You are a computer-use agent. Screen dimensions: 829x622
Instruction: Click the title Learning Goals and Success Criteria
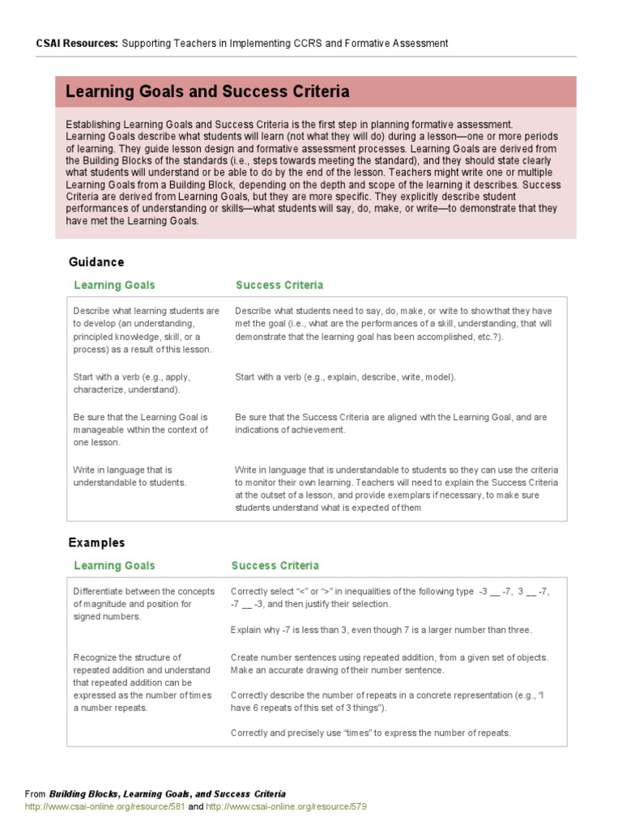(x=207, y=91)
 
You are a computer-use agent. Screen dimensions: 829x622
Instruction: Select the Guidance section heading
(x=96, y=262)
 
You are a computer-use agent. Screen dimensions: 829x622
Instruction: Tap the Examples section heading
(x=96, y=542)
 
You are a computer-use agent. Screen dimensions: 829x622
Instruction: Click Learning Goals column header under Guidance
(x=114, y=285)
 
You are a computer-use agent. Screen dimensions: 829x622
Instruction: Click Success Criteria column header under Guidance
(x=279, y=285)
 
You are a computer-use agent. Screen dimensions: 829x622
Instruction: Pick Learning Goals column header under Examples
(x=114, y=565)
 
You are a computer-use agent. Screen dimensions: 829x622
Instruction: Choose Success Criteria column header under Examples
(x=275, y=565)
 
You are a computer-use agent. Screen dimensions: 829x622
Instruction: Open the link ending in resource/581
(x=105, y=806)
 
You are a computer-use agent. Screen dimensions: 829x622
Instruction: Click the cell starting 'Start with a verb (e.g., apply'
(x=132, y=383)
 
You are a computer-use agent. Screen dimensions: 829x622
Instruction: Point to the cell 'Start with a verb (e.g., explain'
(x=346, y=377)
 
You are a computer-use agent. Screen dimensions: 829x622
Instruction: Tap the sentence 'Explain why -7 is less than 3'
(x=381, y=629)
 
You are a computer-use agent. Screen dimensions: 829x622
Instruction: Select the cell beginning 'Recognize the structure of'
(x=142, y=682)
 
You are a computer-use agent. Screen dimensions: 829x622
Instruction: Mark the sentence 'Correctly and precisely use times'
(x=371, y=733)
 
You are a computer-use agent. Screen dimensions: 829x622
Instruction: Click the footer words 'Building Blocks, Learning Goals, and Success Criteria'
(x=167, y=794)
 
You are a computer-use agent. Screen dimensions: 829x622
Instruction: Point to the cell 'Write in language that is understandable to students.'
(x=130, y=476)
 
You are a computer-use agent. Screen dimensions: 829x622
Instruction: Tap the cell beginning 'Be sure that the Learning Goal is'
(x=140, y=430)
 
